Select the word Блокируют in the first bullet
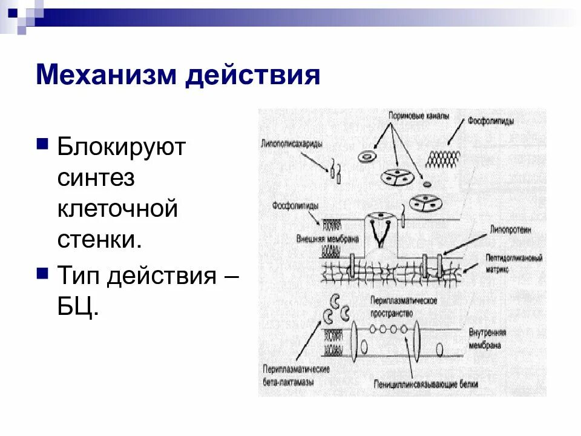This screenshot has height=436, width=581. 121,147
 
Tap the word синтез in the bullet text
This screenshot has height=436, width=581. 96,179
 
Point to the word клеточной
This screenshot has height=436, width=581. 118,210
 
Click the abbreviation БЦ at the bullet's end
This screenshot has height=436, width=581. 76,308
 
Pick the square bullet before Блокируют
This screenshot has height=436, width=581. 42,144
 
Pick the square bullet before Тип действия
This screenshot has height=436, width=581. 42,272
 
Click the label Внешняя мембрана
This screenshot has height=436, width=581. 327,239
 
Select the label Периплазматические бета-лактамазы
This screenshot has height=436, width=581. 296,373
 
